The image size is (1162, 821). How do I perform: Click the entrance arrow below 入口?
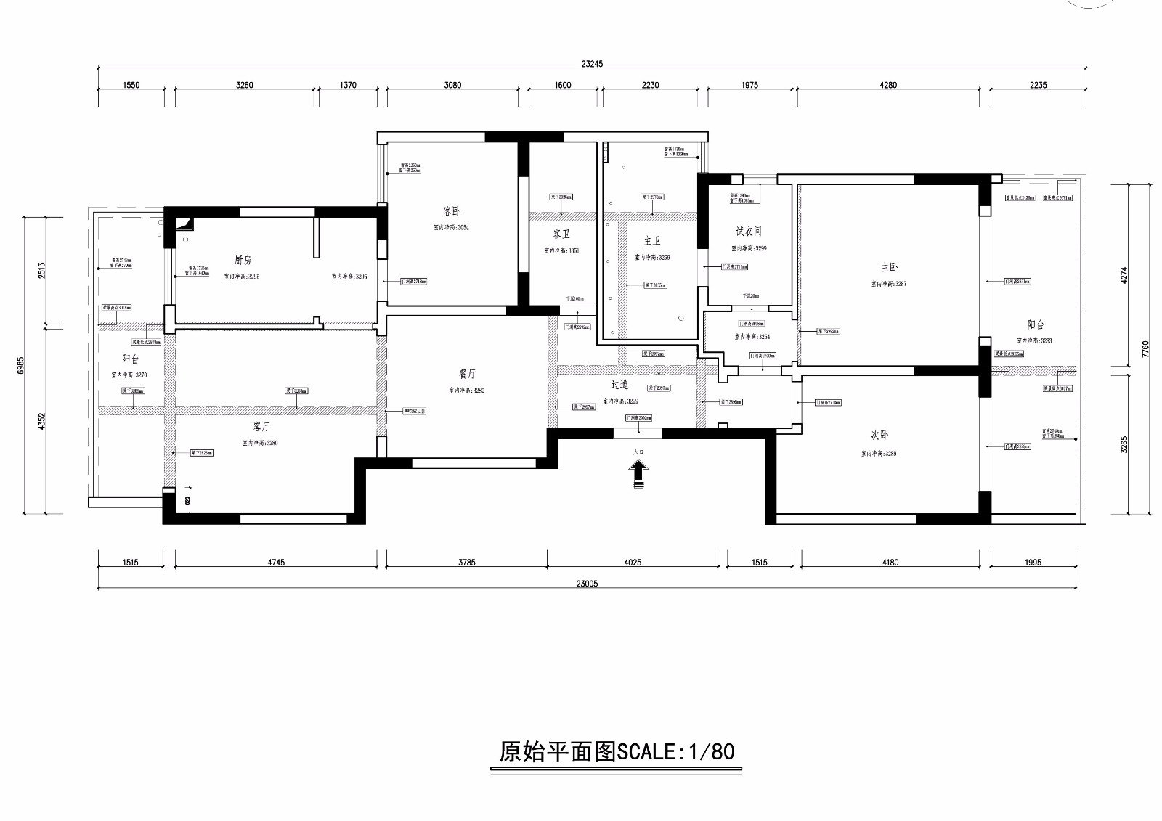[x=638, y=475]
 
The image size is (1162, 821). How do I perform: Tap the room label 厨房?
[x=243, y=260]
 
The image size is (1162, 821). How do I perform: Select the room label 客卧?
[x=452, y=212]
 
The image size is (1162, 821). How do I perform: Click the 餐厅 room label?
[x=467, y=375]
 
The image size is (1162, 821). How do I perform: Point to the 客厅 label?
[x=261, y=427]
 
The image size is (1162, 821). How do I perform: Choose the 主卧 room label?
[x=889, y=268]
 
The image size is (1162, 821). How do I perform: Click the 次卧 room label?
[x=879, y=436]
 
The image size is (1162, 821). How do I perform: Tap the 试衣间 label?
[x=749, y=232]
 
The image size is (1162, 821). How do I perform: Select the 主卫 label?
[x=652, y=241]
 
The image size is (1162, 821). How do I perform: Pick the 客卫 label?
[x=561, y=234]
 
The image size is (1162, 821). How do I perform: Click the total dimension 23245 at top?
[x=592, y=64]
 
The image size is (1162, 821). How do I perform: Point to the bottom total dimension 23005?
[x=587, y=583]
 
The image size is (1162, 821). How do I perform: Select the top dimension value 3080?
[x=452, y=85]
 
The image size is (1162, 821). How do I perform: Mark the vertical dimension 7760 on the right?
[x=1145, y=350]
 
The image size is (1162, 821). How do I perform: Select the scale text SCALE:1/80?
[x=675, y=751]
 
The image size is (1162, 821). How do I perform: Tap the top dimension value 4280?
[x=888, y=85]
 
